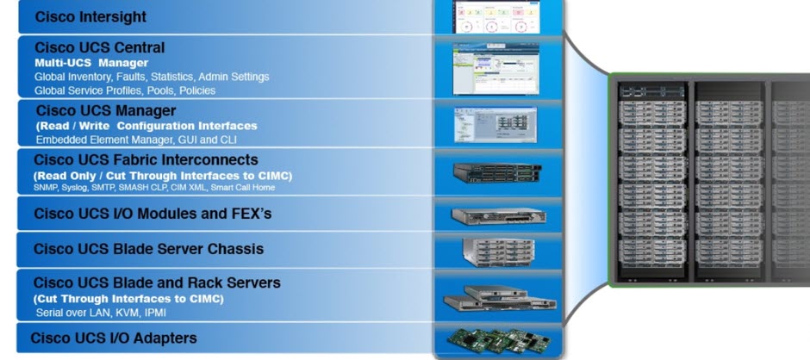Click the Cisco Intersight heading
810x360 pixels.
90,16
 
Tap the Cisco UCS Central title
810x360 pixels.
99,47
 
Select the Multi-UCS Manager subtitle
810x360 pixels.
91,63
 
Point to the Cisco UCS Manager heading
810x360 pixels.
105,110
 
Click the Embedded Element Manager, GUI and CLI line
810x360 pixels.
136,139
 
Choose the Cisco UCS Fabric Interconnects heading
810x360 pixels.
146,159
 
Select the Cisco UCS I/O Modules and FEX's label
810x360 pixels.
153,213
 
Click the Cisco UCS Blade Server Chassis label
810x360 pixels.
148,249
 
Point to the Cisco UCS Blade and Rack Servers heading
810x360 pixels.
157,282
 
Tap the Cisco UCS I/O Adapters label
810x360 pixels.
114,338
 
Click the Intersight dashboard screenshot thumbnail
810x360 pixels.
496,16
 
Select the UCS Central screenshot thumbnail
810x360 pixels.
495,68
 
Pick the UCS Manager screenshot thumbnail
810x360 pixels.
495,125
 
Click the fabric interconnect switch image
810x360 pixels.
496,173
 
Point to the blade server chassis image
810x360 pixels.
496,250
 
